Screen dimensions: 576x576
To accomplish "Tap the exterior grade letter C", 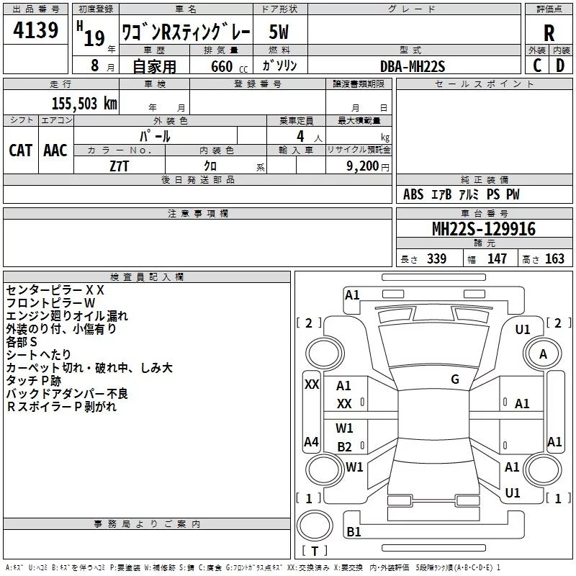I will tap(536, 65).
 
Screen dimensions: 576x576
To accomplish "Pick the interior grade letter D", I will tap(560, 65).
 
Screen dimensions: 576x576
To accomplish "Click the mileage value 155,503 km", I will tap(84, 103).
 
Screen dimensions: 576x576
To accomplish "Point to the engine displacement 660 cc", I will tap(224, 66).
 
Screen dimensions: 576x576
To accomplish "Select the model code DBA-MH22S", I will tap(413, 66).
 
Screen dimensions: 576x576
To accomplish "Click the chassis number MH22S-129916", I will tap(484, 229).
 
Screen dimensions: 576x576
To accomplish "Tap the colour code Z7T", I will tap(120, 165).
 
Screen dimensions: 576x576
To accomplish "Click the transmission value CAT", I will tap(20, 150).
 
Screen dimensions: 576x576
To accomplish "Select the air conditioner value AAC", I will tap(55, 150).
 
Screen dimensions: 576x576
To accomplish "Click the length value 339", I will tap(436, 259).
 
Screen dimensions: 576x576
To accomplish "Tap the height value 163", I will tap(554, 259).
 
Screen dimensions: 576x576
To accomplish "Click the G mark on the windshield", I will tap(455, 379).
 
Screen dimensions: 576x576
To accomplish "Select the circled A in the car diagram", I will tap(543, 354).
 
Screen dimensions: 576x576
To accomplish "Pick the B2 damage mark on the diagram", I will tap(344, 446).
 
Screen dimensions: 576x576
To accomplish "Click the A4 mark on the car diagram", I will tap(311, 441).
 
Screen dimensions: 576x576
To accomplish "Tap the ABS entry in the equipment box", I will tap(413, 194).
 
